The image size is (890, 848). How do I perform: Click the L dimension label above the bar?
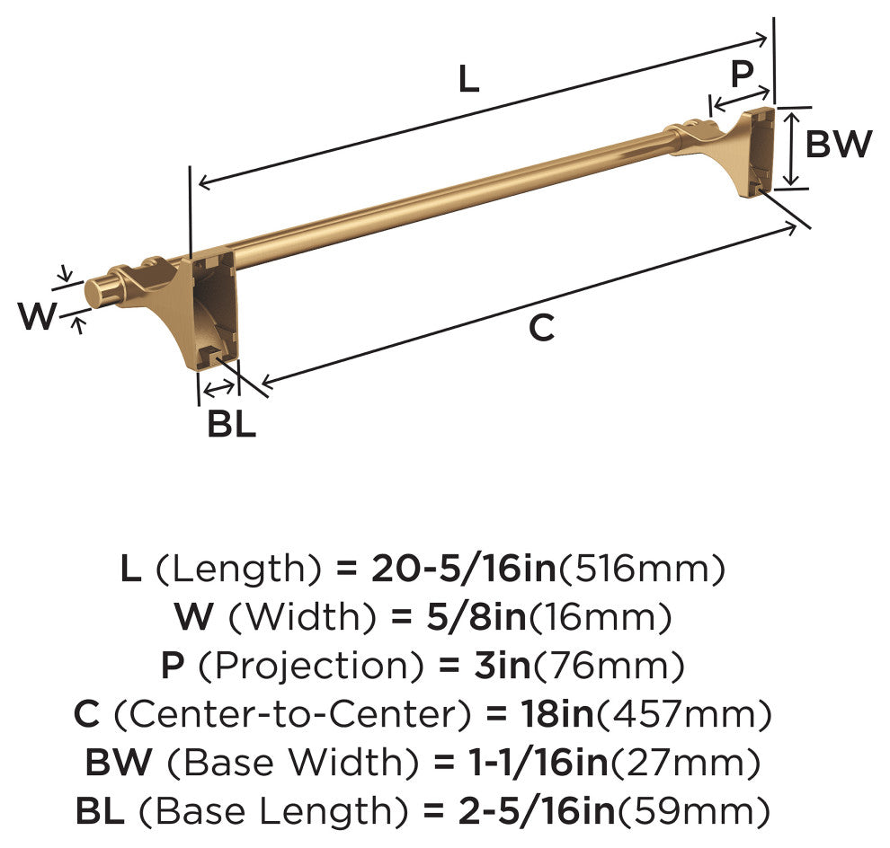469,79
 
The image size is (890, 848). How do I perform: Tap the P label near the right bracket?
742,73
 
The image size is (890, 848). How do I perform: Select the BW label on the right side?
839,144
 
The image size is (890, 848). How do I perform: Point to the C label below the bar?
541,328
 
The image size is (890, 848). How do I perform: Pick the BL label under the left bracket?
231,423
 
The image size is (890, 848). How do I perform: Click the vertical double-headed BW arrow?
793,149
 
